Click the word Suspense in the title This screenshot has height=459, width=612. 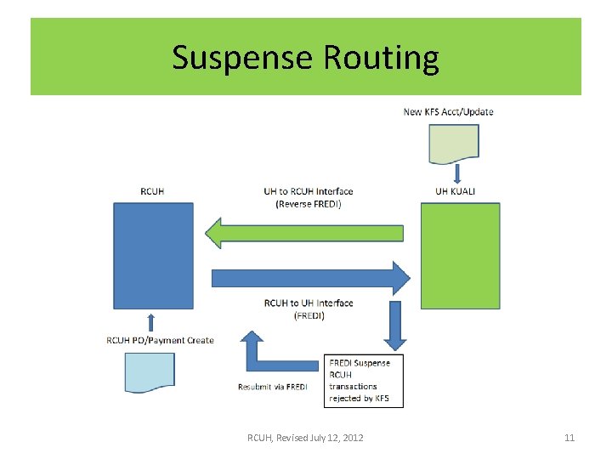coord(243,58)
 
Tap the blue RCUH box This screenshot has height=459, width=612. coord(154,256)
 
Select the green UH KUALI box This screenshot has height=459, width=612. coord(460,256)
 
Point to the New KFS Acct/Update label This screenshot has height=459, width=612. coord(448,111)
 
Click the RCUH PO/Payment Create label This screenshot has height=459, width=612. coord(160,340)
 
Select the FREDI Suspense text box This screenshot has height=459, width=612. coord(363,381)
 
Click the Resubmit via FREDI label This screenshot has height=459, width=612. coord(272,387)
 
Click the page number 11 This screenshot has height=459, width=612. coord(569,438)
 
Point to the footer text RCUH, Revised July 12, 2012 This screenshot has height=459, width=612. coord(305,438)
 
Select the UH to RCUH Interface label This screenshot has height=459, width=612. coord(308,196)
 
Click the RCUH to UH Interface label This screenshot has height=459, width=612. coord(308,309)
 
